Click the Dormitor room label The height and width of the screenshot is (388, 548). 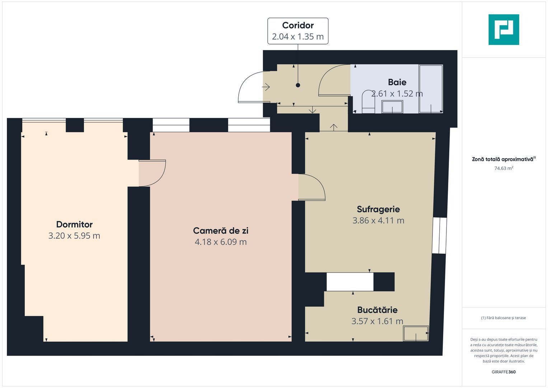point(74,225)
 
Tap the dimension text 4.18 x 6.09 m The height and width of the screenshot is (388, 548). point(220,242)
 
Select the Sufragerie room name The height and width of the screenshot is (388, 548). point(378,209)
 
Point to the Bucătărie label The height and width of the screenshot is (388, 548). point(377,310)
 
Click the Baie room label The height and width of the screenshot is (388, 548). point(397,82)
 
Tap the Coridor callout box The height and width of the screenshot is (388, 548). point(298,31)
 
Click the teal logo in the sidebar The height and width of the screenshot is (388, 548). point(503,29)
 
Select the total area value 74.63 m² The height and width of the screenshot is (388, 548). point(503,168)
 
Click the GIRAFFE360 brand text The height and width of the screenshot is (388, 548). point(503,372)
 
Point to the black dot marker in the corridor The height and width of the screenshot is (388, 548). point(298,85)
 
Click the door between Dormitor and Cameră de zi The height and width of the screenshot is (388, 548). point(152,173)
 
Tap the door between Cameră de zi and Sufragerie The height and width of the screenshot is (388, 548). point(312,187)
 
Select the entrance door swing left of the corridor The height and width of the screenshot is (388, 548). point(251,87)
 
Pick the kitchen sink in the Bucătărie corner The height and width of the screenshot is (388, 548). point(416,333)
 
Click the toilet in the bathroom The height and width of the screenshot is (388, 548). point(368,102)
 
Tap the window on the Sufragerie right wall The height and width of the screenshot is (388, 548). point(439,235)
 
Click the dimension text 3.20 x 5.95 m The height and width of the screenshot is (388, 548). point(74,236)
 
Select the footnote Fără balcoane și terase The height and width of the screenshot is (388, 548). point(503,318)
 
